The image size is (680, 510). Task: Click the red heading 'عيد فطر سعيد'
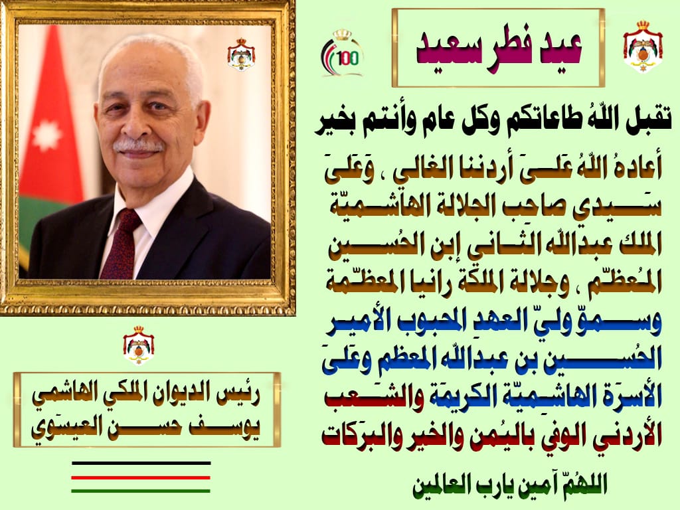pyautogui.click(x=497, y=48)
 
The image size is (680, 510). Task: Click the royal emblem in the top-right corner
pyautogui.click(x=642, y=46)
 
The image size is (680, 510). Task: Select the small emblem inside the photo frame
pyautogui.click(x=240, y=55)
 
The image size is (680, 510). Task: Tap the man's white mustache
pyautogui.click(x=138, y=145)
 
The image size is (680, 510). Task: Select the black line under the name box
pyautogui.click(x=141, y=463)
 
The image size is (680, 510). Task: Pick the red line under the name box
pyautogui.click(x=141, y=477)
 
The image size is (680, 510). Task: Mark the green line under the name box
pyautogui.click(x=141, y=491)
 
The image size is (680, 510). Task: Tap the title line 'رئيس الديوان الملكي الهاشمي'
pyautogui.click(x=147, y=397)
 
